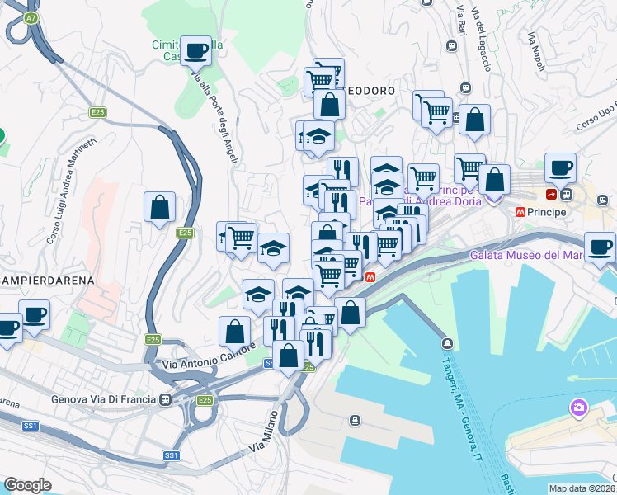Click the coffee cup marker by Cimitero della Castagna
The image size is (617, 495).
pos(195,51)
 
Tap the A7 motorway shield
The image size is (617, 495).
pos(31,17)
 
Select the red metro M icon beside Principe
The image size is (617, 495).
pos(520,212)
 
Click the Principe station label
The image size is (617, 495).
pos(549,213)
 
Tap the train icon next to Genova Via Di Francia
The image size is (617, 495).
pos(167,400)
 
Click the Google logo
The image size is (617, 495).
pos(27,485)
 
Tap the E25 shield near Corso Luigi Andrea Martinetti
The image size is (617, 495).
pos(98,112)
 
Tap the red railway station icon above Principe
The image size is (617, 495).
pos(550,194)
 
